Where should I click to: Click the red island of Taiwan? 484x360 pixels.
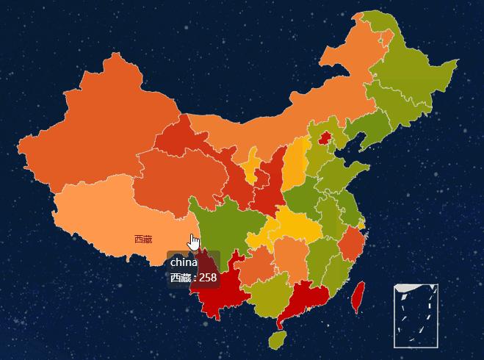coord(359,295)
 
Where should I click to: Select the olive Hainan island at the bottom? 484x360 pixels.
coord(277,339)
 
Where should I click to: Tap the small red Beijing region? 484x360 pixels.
coord(324,137)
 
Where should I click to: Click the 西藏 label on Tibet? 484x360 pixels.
coord(143,240)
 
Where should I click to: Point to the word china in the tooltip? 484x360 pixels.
coord(184,262)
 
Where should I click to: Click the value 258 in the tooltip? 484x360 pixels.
coord(208,278)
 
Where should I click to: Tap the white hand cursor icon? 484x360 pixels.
coord(194,242)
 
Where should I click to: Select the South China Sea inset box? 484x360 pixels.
coord(416,315)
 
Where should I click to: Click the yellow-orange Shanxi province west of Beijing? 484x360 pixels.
coord(295,162)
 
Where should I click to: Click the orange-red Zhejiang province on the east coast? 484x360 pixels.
coord(352,242)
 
